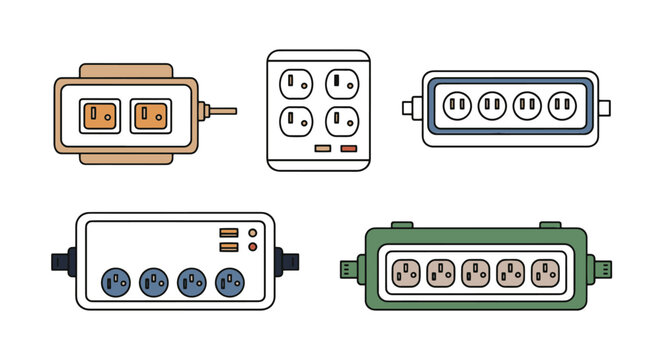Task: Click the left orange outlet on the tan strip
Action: tap(99, 115)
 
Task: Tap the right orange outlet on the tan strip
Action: tap(151, 115)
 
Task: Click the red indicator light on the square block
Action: tap(348, 148)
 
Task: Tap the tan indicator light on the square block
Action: tap(323, 148)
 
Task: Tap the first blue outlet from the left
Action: tap(115, 281)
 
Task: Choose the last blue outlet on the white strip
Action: tap(232, 281)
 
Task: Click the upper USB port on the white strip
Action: tap(229, 233)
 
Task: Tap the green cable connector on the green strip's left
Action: tap(350, 268)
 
